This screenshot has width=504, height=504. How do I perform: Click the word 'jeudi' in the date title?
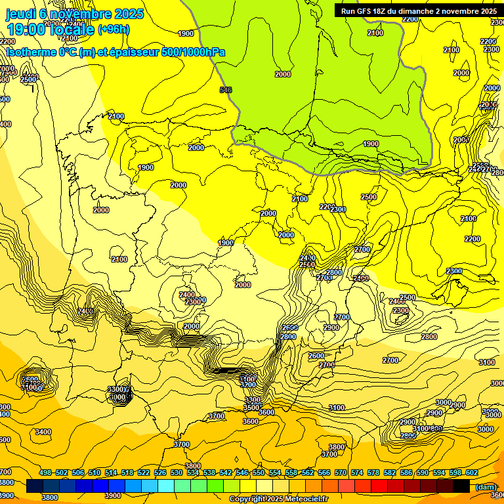point(21,14)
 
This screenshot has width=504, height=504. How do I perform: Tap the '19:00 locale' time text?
point(50,30)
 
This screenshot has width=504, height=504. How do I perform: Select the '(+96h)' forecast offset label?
point(114,30)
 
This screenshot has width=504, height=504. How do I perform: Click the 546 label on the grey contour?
point(226,90)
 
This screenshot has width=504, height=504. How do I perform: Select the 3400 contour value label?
point(43,432)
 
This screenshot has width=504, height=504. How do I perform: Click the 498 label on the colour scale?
point(45,472)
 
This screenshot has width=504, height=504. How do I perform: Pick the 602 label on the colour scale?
point(472,472)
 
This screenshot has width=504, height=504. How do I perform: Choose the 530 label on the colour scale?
point(177,472)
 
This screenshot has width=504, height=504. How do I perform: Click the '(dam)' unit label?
point(486,486)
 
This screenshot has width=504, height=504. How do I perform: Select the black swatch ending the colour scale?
point(461,486)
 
